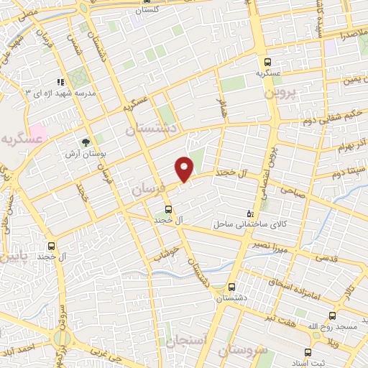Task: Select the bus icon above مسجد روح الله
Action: pos(332,316)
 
